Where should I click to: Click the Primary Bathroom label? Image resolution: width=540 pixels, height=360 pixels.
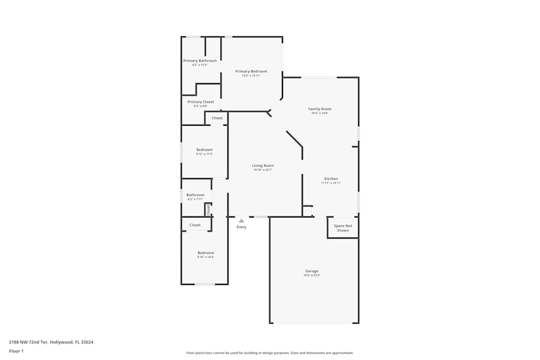tap(200, 60)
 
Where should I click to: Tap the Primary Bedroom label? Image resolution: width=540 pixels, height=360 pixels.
tap(251, 71)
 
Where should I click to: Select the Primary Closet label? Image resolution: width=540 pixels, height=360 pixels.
tap(201, 101)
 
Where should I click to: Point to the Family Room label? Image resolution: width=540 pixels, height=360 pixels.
tap(320, 109)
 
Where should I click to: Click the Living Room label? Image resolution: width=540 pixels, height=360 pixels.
tap(263, 166)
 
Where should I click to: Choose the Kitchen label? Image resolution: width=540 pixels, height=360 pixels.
tap(331, 179)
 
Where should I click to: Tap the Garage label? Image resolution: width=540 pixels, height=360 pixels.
tap(312, 271)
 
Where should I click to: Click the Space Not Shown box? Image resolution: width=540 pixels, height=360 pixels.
tap(343, 228)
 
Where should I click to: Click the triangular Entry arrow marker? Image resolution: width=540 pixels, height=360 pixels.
tap(241, 220)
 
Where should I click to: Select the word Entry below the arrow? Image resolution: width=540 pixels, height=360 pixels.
tap(241, 227)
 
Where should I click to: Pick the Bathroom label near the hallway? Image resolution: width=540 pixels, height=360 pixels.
tap(195, 195)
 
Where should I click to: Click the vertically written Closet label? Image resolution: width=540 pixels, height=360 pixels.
tap(208, 209)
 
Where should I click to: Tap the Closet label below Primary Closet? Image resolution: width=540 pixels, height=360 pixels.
tap(217, 118)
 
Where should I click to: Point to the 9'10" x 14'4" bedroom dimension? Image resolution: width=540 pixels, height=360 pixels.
tap(206, 257)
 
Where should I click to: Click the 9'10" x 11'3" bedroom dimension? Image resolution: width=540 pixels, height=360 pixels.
tap(205, 154)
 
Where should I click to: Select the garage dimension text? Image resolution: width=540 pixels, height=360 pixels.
tap(312, 276)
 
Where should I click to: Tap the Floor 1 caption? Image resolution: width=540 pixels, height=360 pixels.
tap(16, 351)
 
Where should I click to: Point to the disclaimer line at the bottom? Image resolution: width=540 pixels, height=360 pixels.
tap(270, 353)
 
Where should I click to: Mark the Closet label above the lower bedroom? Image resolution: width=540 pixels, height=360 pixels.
tap(195, 225)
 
